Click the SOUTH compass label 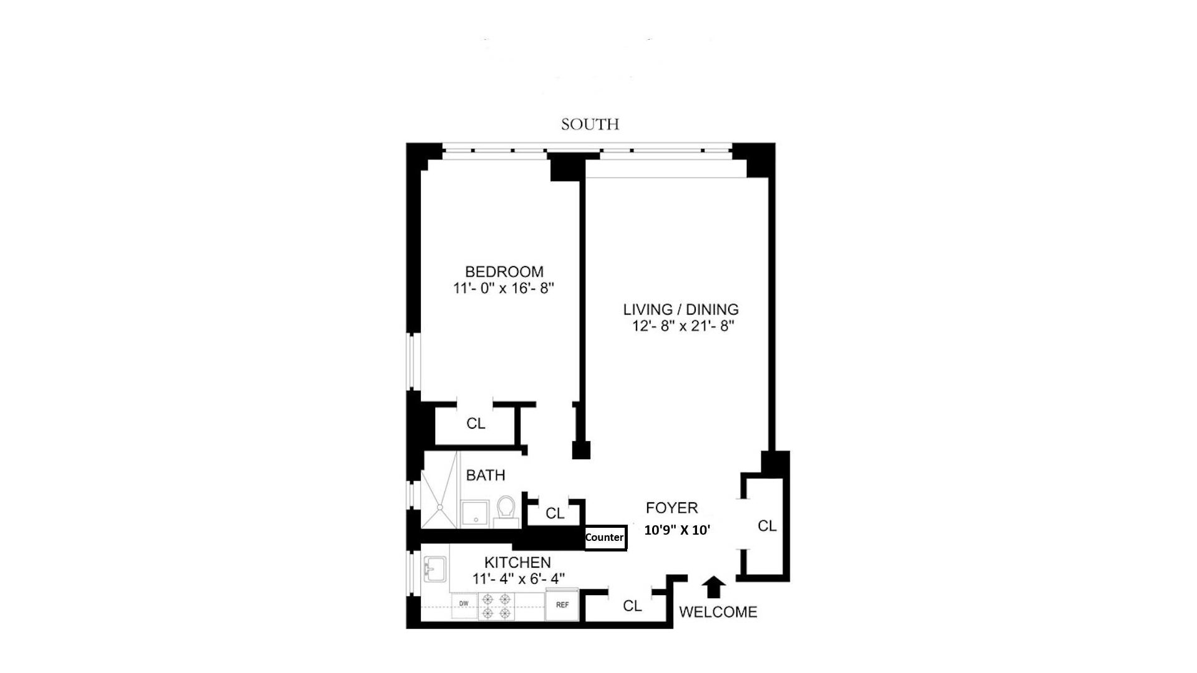pos(590,125)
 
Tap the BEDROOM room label pos(504,272)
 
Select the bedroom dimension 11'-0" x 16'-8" pos(504,289)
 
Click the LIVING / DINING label pos(681,309)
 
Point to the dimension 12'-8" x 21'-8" pos(683,326)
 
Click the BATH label pos(486,475)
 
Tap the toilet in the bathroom pos(506,512)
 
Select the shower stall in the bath pos(440,499)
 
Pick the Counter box pos(605,537)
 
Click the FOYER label pos(671,508)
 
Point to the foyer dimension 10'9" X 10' pos(677,530)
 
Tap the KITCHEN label pos(517,562)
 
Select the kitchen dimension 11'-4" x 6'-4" pos(518,579)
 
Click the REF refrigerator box pos(562,605)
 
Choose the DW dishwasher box pos(464,605)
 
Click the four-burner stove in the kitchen pos(496,606)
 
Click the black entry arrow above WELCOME pos(714,587)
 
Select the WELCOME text pos(718,612)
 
